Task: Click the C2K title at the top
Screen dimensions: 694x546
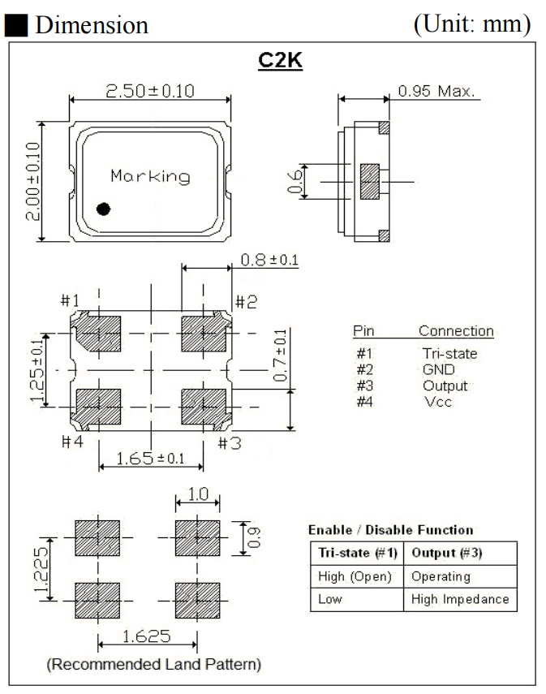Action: coord(280,61)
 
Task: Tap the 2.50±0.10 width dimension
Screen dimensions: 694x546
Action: coord(150,90)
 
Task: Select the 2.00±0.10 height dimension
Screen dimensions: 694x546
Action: coord(32,181)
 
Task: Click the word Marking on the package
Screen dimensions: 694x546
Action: coord(150,176)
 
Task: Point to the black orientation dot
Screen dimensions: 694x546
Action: coord(103,209)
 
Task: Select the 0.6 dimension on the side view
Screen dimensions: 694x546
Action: coord(297,181)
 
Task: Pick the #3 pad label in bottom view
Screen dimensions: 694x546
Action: coord(229,442)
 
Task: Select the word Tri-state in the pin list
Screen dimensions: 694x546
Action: coord(449,354)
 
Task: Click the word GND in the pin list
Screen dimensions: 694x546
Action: coord(439,369)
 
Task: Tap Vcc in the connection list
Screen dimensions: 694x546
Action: coord(437,402)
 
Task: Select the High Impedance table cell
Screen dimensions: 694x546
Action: coord(460,599)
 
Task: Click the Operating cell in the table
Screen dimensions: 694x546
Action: coord(441,576)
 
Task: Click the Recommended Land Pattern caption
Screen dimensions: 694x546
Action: coord(154,665)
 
